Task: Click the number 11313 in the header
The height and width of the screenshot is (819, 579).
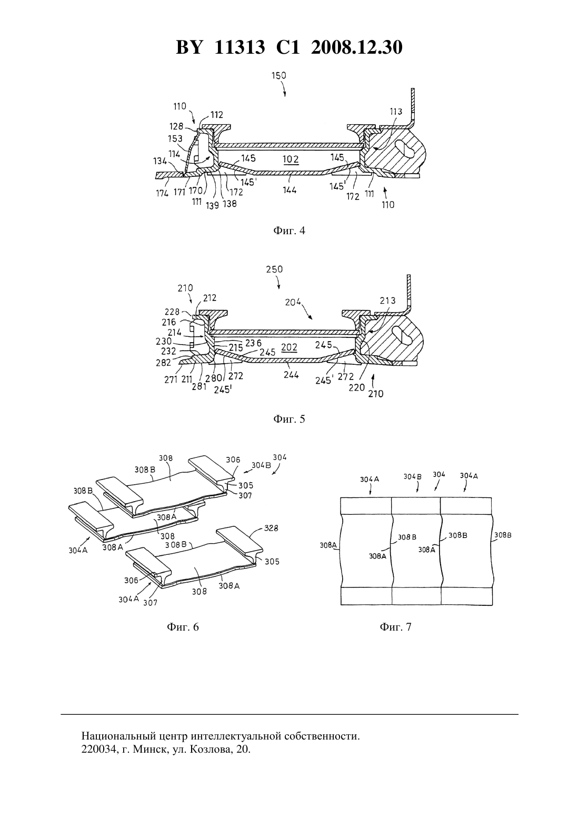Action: click(x=240, y=47)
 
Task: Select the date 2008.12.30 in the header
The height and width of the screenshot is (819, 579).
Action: click(x=357, y=47)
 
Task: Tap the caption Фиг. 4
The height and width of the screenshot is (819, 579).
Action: click(x=289, y=231)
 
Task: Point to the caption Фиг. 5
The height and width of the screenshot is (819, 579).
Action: click(x=289, y=419)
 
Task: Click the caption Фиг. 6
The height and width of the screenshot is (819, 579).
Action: click(x=183, y=627)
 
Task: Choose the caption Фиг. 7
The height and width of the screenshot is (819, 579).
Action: click(x=395, y=627)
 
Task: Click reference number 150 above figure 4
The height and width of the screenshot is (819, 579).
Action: click(x=279, y=76)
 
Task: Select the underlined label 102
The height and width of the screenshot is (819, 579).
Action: click(x=291, y=160)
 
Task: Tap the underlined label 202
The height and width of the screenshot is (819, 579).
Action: click(x=289, y=347)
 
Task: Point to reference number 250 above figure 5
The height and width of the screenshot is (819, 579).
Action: click(x=275, y=269)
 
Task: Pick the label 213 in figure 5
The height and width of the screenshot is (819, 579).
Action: click(x=387, y=301)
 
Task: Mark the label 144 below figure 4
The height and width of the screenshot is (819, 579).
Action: click(x=289, y=190)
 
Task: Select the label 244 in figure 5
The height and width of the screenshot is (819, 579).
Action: click(x=291, y=375)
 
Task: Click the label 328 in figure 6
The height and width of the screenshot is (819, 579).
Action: click(x=271, y=528)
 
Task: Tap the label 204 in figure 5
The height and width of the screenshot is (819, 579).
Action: click(x=293, y=302)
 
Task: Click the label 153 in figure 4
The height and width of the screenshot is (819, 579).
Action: click(x=175, y=139)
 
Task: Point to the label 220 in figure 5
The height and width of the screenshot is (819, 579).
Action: click(x=356, y=387)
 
